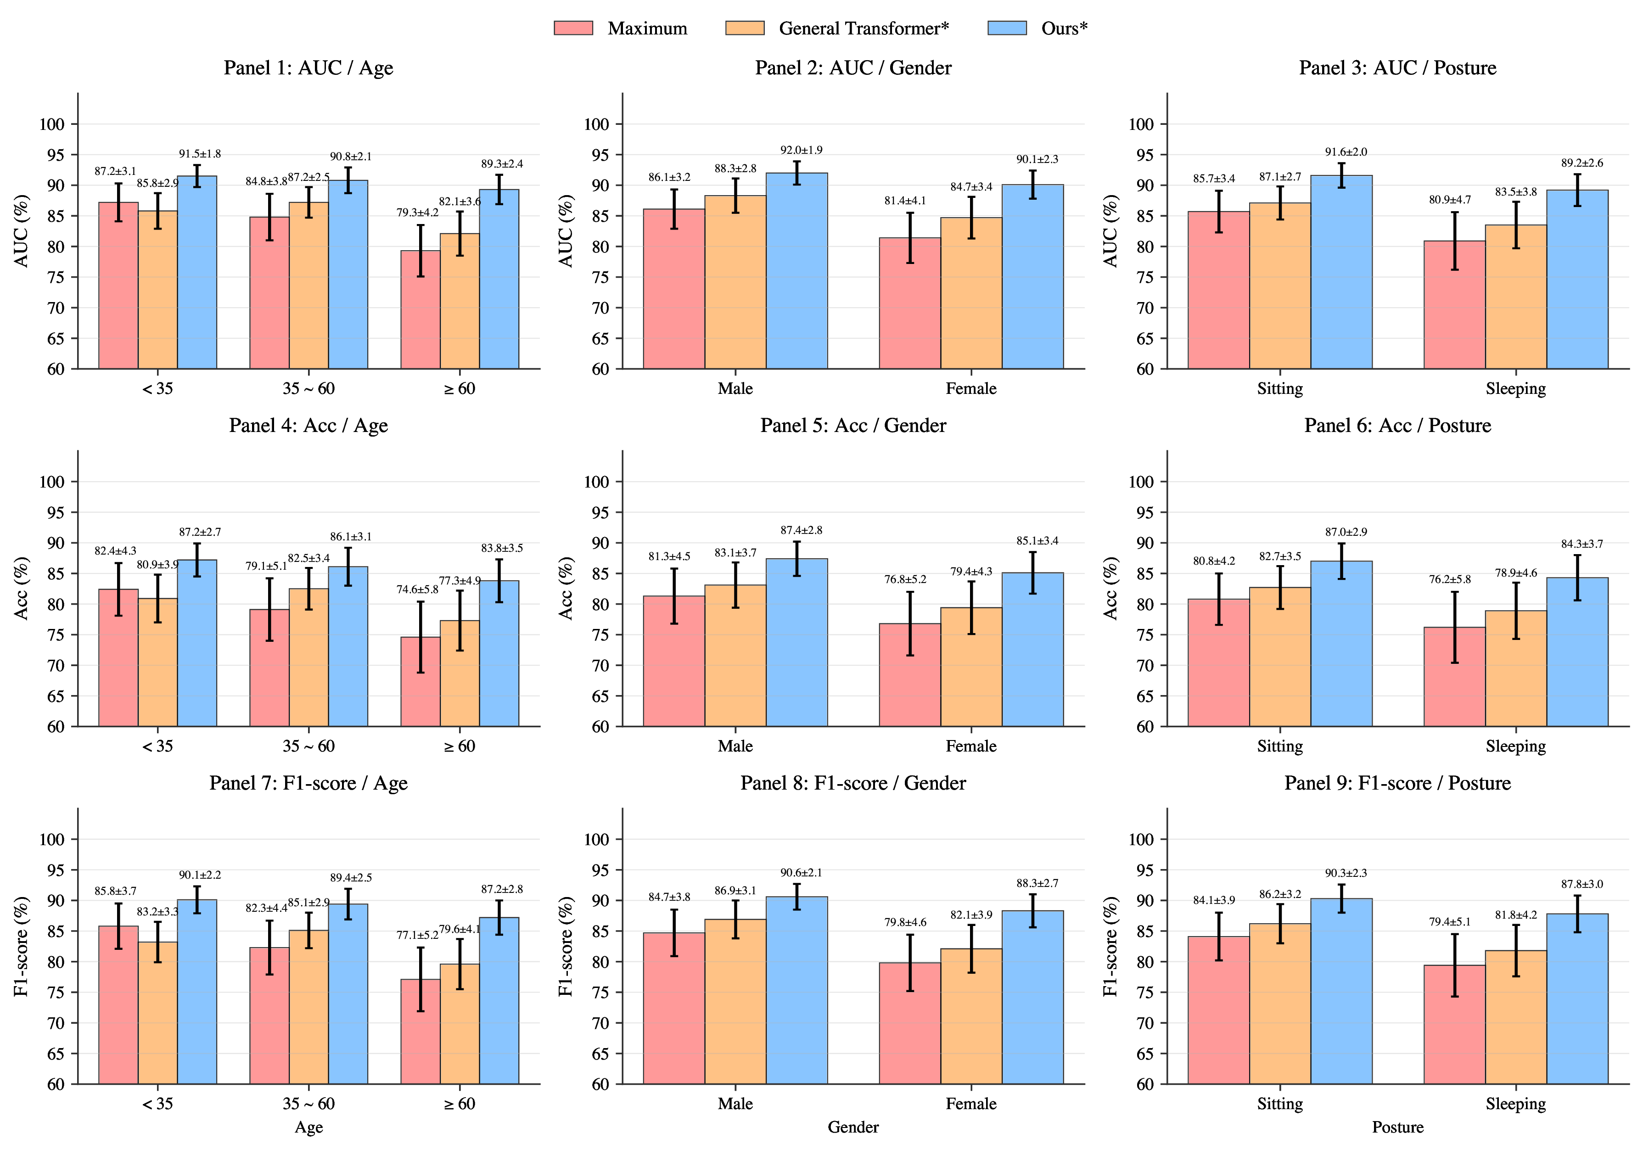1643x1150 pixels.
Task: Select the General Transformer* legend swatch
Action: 744,28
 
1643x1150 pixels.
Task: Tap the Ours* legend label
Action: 1063,28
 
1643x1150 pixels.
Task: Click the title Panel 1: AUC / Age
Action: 308,68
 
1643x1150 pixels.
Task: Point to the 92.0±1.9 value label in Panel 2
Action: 801,150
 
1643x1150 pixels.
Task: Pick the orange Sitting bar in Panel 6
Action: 1279,657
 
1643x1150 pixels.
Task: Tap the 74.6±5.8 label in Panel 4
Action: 417,589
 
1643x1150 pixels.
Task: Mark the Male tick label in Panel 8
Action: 735,1104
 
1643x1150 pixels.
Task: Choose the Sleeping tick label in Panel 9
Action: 1515,1104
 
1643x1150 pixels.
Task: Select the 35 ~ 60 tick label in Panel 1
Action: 308,388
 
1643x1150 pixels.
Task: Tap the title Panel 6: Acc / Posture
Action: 1397,426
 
